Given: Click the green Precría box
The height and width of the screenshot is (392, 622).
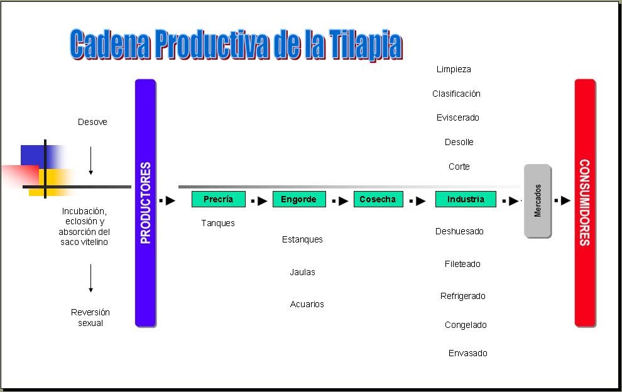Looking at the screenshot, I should coord(218,199).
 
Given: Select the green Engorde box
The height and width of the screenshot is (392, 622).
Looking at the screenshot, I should coord(299,199).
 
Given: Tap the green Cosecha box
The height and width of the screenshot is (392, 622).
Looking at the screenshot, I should coord(378,199).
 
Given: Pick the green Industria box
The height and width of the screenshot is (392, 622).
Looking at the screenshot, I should coord(466,199).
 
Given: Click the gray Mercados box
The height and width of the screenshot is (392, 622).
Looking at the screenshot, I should coord(538,201).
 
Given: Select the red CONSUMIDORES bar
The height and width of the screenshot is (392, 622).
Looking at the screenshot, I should coord(584,202).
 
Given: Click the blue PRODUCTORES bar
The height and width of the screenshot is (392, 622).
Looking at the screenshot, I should coord(145,202).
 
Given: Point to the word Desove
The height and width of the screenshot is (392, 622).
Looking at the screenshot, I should coord(92,122).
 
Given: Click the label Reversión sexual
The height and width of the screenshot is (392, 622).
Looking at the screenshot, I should coord(90,317).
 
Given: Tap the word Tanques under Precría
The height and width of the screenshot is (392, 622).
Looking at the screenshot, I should coord(218,223).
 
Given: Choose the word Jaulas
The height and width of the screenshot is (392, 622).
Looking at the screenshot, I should coord(303,272).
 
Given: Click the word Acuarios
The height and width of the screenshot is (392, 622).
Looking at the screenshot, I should coord(307,304).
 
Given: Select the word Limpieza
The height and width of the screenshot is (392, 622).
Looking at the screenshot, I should coord(454,69).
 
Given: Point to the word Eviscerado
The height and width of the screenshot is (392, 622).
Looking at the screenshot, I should coord(458,117).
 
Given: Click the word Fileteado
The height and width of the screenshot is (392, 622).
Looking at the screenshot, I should coord(462,264).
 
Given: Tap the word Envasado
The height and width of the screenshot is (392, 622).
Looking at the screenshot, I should coord(467,353).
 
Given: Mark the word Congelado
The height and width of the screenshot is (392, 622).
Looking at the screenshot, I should coord(466,325).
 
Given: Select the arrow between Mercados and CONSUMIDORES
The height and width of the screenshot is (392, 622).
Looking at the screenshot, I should coord(562,200).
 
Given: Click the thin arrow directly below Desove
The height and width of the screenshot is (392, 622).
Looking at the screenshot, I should coord(91,161).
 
